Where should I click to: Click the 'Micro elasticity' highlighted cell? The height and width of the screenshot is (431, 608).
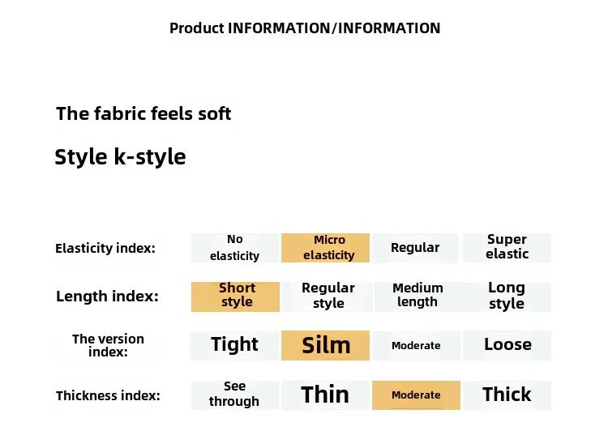coord(325,248)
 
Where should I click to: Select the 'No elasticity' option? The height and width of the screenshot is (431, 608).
coord(234,248)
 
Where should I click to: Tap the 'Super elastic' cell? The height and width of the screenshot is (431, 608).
coord(507,248)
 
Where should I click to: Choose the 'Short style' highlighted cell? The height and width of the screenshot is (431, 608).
coord(235,297)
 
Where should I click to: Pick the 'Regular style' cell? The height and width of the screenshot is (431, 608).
coord(328,297)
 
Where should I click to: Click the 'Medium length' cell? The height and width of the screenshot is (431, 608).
coord(417,297)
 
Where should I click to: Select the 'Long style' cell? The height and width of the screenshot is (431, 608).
coord(507,297)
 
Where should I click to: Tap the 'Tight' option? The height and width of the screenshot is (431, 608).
coord(234,345)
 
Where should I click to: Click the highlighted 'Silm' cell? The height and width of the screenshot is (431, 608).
coord(325,345)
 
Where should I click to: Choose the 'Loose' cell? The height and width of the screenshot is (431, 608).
coord(507,345)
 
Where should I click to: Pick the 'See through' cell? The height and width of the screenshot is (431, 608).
coord(234,395)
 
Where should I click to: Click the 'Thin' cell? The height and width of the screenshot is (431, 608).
coord(325,395)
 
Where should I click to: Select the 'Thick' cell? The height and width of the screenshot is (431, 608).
coord(507,395)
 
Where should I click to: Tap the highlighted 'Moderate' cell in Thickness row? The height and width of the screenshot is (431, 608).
coord(416,395)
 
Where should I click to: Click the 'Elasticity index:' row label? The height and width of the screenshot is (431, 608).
coord(105,248)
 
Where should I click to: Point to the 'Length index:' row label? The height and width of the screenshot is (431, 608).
coord(107,297)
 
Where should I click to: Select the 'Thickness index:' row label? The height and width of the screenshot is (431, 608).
coord(108,395)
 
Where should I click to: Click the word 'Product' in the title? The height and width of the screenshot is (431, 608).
coord(197,28)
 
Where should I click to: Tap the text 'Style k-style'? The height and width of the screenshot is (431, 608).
coord(120,157)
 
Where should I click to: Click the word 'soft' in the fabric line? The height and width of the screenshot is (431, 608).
coord(215,113)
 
